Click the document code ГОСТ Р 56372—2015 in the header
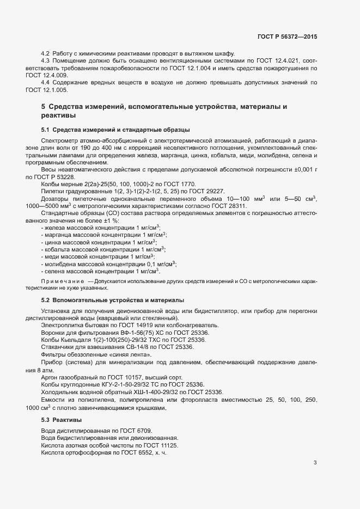(x=287, y=36)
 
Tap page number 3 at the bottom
(x=315, y=463)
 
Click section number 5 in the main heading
(x=43, y=106)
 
